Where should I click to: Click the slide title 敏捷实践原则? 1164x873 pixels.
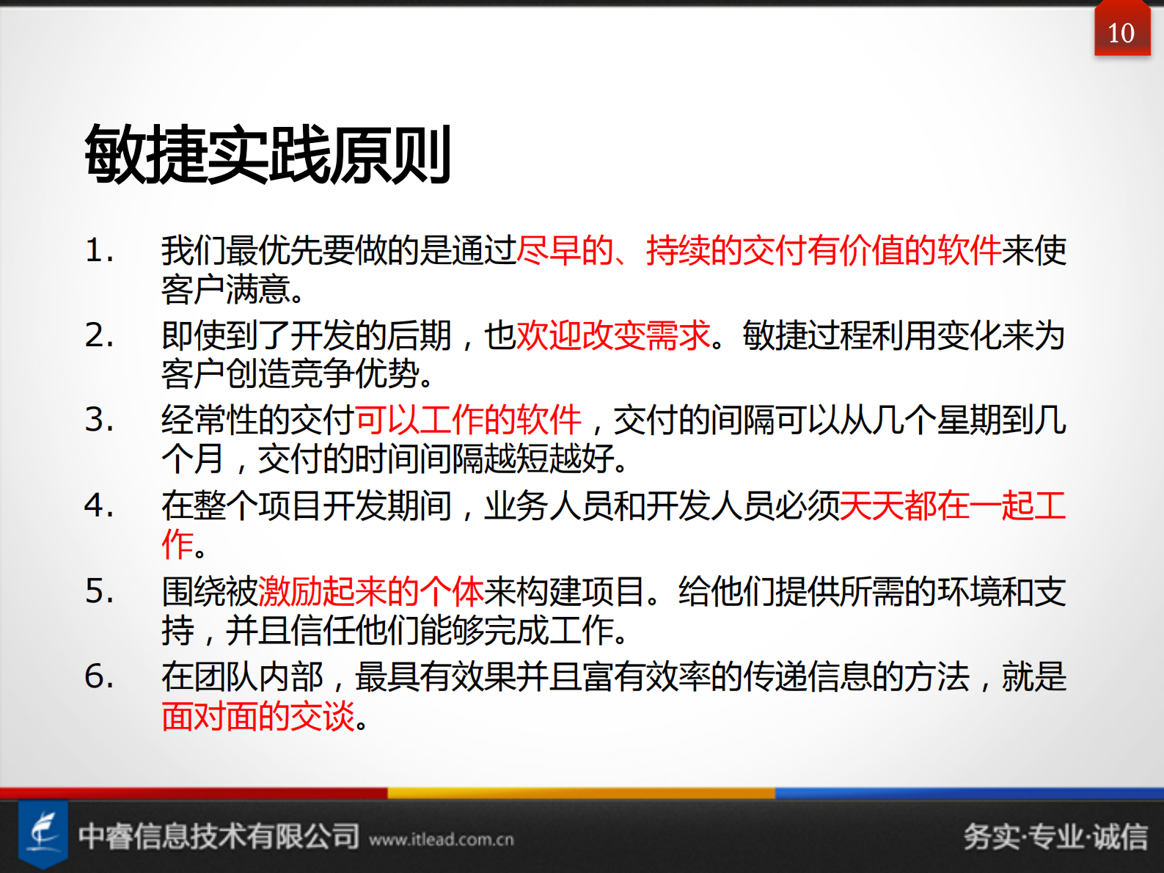pyautogui.click(x=268, y=154)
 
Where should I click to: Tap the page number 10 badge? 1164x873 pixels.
pyautogui.click(x=1121, y=33)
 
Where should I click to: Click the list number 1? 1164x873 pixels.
pyautogui.click(x=99, y=251)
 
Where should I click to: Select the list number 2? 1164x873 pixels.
pyautogui.click(x=99, y=336)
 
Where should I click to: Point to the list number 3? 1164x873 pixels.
pyautogui.click(x=99, y=420)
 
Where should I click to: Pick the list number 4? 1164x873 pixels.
pyautogui.click(x=99, y=505)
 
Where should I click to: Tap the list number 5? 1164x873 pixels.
pyautogui.click(x=99, y=591)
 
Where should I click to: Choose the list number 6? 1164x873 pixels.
pyautogui.click(x=99, y=676)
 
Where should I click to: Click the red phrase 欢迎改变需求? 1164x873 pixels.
pyautogui.click(x=613, y=336)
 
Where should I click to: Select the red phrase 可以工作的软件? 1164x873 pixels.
pyautogui.click(x=468, y=420)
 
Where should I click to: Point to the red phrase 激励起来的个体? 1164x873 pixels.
pyautogui.click(x=371, y=591)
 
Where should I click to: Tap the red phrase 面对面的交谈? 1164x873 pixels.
pyautogui.click(x=258, y=716)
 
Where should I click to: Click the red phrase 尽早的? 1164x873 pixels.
pyautogui.click(x=565, y=251)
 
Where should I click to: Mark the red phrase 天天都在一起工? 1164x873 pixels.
pyautogui.click(x=952, y=505)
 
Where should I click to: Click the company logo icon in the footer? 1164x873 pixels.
pyautogui.click(x=43, y=833)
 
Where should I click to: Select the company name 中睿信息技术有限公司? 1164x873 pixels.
pyautogui.click(x=219, y=836)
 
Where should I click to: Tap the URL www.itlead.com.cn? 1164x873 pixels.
pyautogui.click(x=442, y=839)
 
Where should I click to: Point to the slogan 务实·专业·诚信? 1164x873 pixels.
pyautogui.click(x=1055, y=836)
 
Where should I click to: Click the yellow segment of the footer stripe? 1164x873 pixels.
pyautogui.click(x=581, y=793)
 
